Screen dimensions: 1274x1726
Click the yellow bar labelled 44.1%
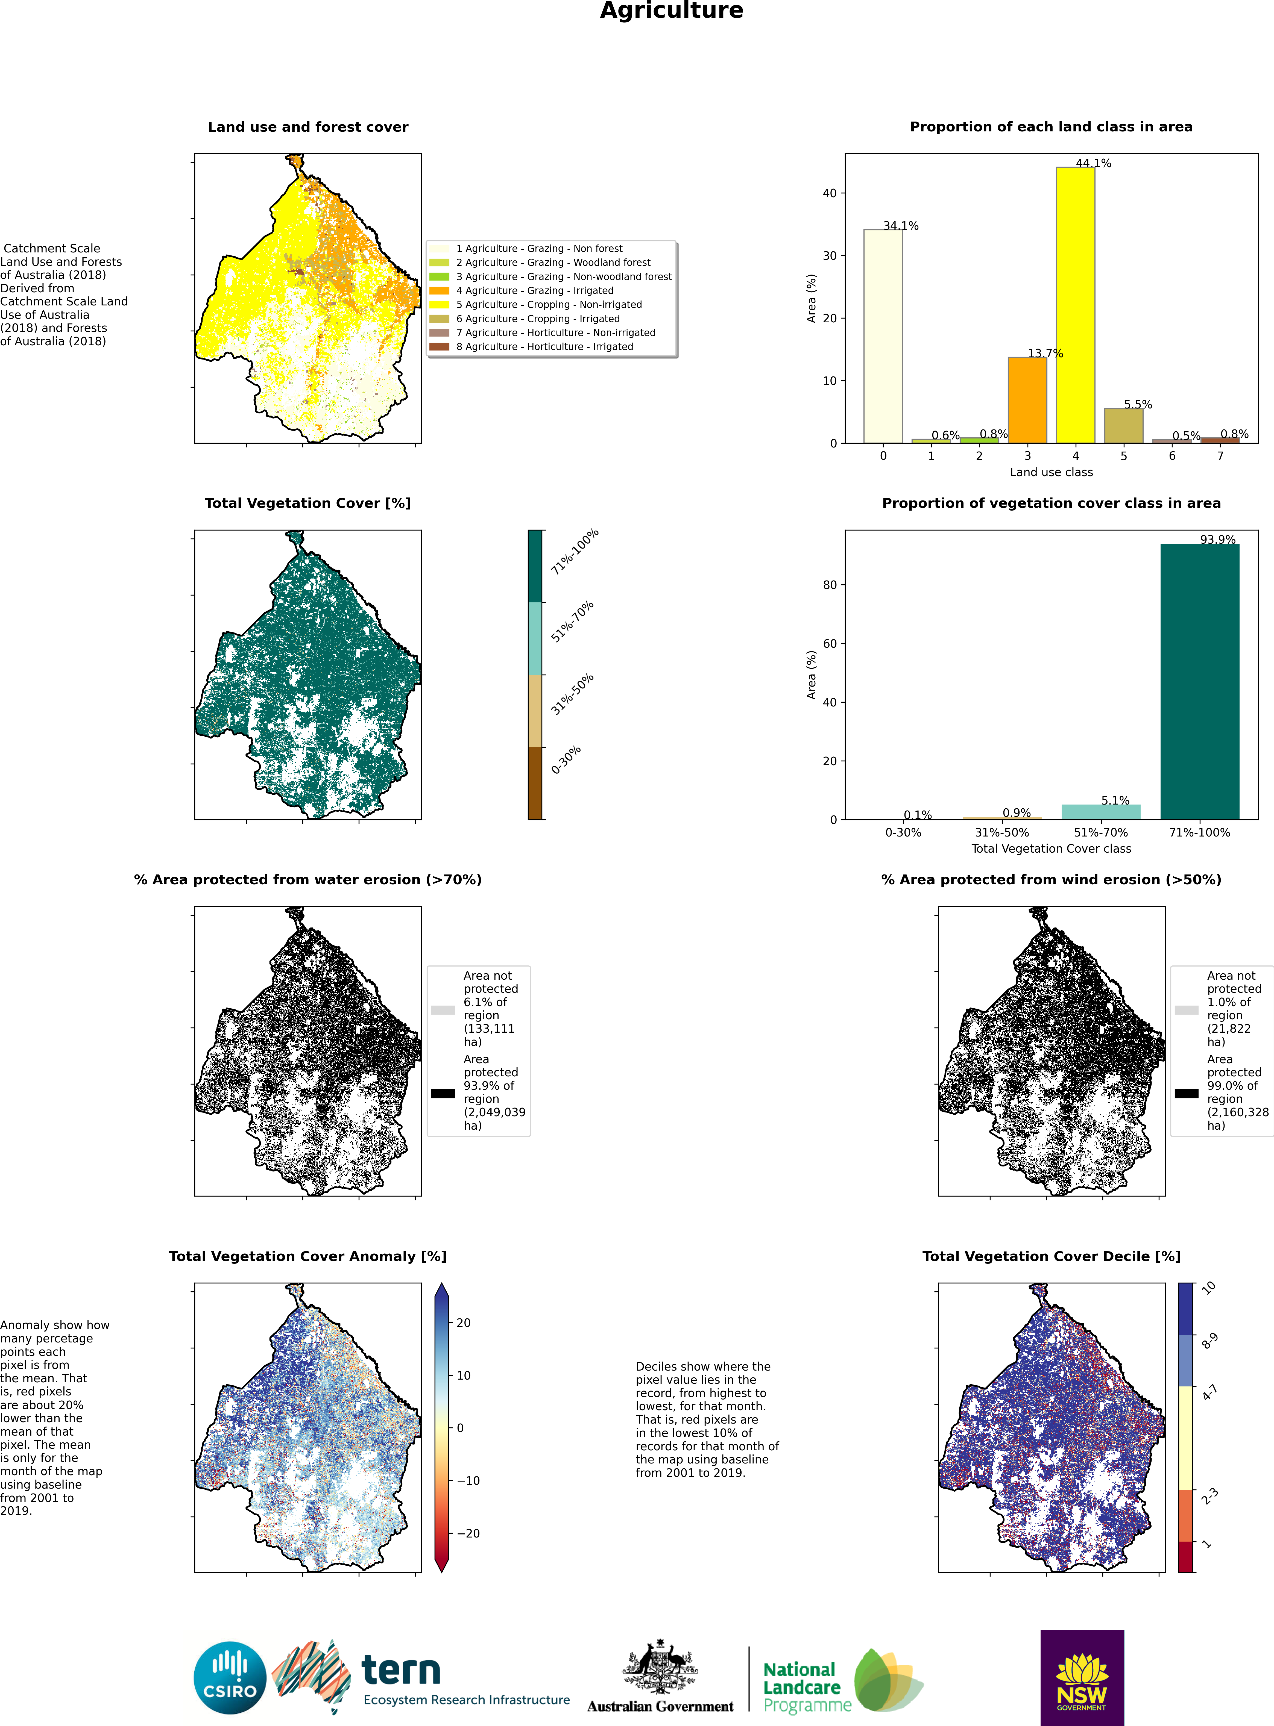[1075, 305]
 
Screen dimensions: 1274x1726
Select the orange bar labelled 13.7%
[1027, 400]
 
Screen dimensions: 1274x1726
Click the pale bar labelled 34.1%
[883, 336]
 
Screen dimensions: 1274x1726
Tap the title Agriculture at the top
[672, 11]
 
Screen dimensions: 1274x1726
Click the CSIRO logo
[230, 1678]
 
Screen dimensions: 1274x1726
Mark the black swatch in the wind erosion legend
[1186, 1093]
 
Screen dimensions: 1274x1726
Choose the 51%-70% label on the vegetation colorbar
[572, 621]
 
